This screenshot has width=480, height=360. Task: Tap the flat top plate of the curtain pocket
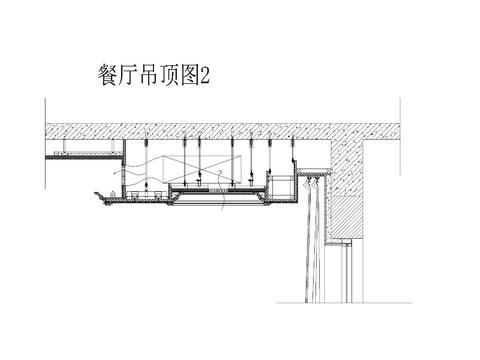[x=314, y=173]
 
